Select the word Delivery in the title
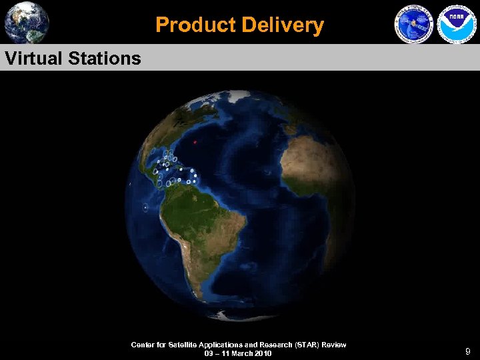point(283,25)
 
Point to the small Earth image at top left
point(27,22)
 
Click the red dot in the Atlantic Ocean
point(195,142)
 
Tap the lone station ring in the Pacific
point(145,208)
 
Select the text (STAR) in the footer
point(303,345)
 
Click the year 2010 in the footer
point(262,353)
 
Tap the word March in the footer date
point(239,353)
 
